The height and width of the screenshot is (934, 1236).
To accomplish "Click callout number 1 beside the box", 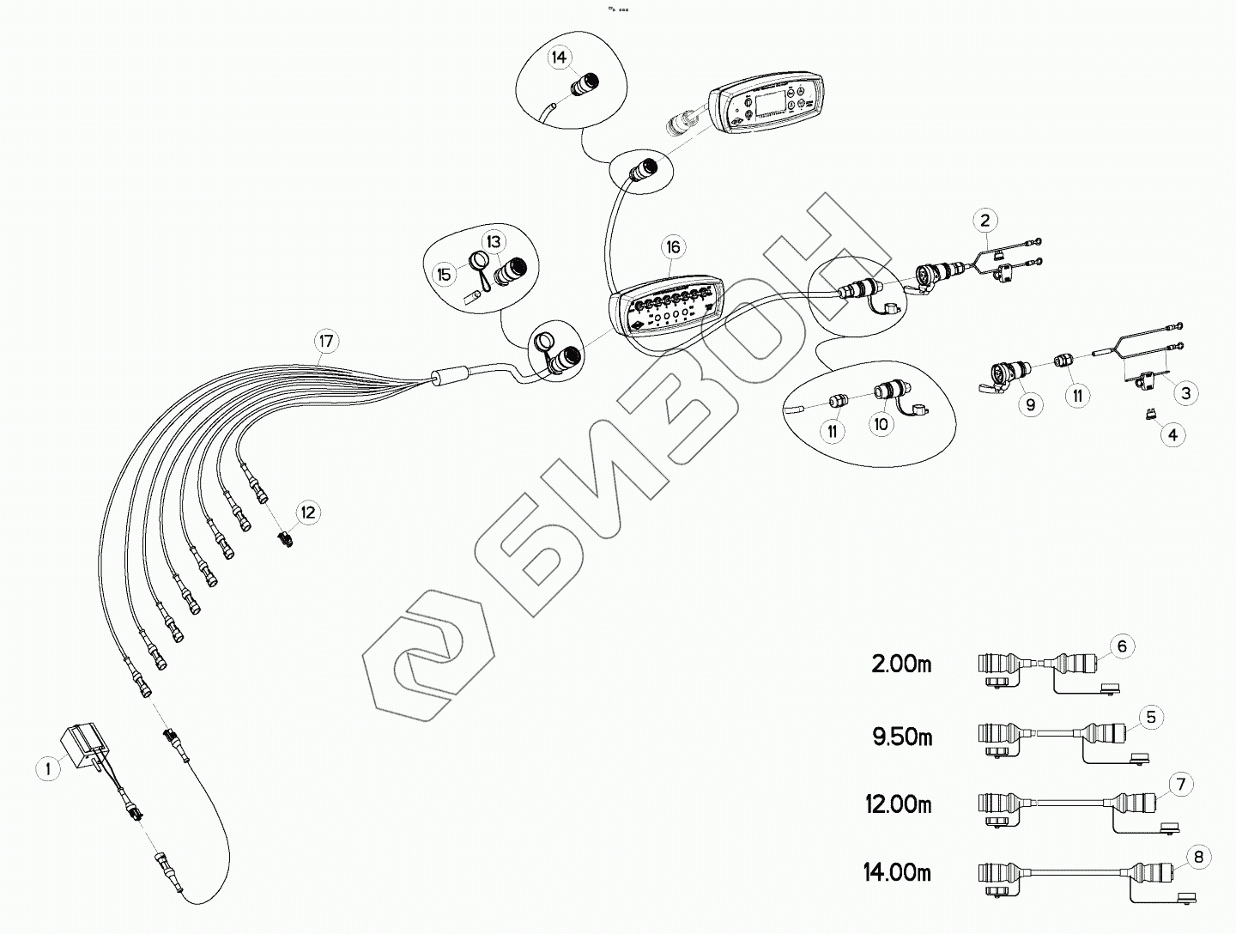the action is [49, 768].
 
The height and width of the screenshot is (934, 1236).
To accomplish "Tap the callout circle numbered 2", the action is [986, 221].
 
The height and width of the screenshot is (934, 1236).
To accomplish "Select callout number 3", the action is [1185, 393].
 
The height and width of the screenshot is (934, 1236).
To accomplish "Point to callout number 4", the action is [1172, 434].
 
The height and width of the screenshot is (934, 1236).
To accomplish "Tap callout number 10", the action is [881, 424].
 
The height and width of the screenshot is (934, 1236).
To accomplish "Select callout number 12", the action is [306, 512].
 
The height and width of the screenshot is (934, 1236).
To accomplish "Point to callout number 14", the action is [559, 58].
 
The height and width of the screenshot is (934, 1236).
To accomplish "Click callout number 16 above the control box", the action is [672, 247].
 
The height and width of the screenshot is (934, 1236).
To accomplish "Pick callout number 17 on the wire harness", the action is [325, 341].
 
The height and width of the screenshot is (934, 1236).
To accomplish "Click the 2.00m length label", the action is [901, 664].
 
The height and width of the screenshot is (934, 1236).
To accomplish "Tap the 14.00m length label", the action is [897, 873].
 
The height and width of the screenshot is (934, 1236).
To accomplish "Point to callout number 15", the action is [444, 275].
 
